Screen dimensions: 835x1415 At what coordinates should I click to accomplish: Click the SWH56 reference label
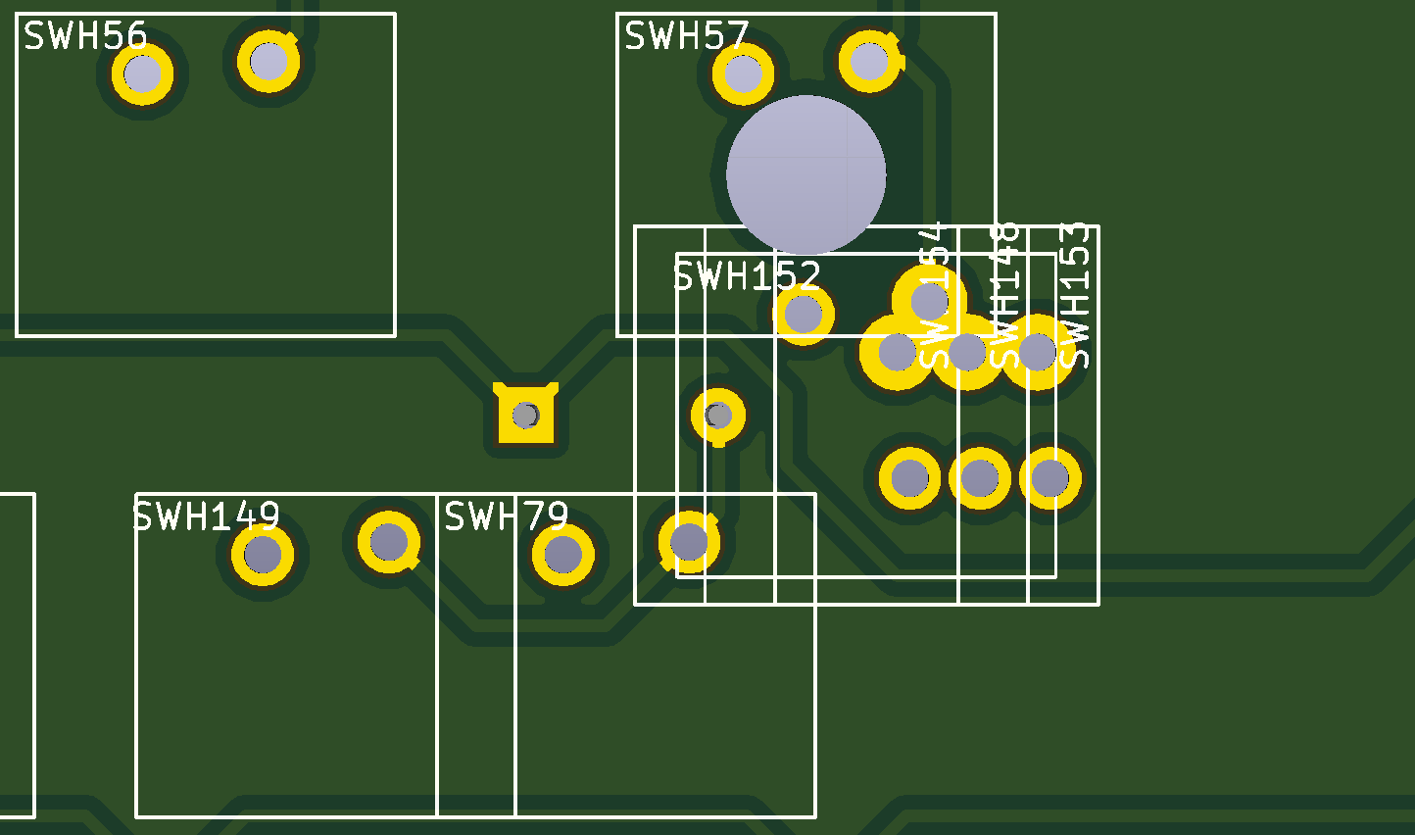[x=85, y=36]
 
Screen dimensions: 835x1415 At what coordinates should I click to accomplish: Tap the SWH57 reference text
[x=686, y=36]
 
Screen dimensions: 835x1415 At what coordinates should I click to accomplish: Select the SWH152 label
[x=747, y=276]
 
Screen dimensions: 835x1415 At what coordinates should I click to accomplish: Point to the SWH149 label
[x=207, y=516]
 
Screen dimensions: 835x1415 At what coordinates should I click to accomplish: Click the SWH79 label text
[x=506, y=516]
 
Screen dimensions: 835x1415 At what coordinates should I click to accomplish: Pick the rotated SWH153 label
[x=1075, y=295]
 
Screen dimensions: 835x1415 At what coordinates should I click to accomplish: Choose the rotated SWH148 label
[x=1004, y=295]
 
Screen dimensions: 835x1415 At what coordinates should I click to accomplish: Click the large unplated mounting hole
[x=805, y=174]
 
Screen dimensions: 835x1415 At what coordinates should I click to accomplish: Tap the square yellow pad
[x=526, y=415]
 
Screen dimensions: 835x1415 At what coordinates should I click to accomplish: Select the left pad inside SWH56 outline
[x=142, y=74]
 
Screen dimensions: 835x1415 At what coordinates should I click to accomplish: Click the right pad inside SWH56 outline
[x=268, y=61]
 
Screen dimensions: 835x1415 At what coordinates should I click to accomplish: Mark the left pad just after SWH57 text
[x=743, y=74]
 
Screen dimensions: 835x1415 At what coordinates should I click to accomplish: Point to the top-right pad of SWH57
[x=869, y=61]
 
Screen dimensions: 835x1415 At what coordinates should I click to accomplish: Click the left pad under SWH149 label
[x=263, y=555]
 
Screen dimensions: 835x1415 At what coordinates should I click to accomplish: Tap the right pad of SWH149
[x=389, y=541]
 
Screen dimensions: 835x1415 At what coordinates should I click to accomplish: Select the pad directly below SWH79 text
[x=563, y=555]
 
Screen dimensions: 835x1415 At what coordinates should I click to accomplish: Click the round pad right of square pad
[x=718, y=416]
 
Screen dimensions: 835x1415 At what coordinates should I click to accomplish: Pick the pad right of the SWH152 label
[x=804, y=314]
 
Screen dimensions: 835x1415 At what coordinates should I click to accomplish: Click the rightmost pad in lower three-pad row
[x=1049, y=478]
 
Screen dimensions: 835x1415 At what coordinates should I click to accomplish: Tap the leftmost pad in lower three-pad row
[x=909, y=478]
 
